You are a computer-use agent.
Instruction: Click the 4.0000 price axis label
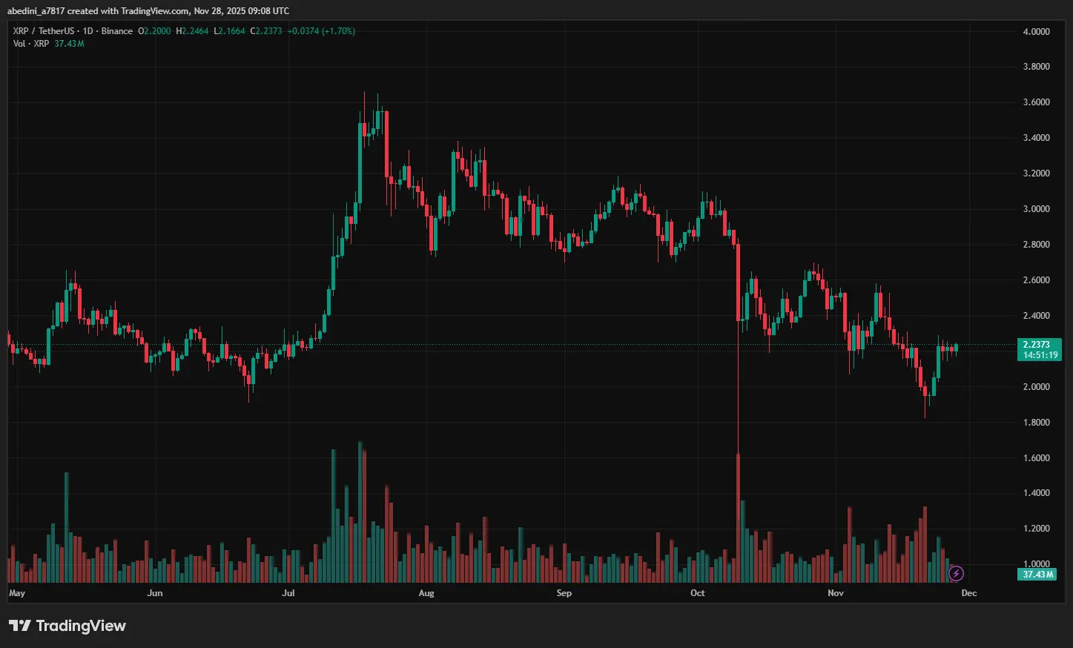click(x=1036, y=32)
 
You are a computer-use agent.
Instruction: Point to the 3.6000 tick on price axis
click(x=1036, y=102)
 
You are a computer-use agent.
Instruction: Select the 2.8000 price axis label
click(x=1036, y=245)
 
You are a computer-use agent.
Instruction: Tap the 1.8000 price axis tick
click(x=1036, y=423)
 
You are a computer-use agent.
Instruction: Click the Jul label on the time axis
click(x=288, y=593)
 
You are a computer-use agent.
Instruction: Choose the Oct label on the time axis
click(x=698, y=593)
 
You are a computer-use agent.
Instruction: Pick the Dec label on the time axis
click(x=969, y=593)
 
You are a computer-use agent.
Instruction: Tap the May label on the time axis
click(x=16, y=593)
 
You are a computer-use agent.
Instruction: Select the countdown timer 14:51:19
click(x=1040, y=355)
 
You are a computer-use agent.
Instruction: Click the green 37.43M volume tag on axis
click(x=1038, y=575)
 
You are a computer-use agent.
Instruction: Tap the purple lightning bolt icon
click(x=956, y=573)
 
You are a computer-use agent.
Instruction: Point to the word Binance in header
click(x=117, y=31)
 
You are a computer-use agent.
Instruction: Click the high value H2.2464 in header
click(x=192, y=31)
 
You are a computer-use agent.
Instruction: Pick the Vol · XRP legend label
click(x=31, y=44)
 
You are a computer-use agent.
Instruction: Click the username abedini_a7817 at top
click(x=36, y=11)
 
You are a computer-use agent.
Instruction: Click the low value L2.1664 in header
click(x=229, y=31)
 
